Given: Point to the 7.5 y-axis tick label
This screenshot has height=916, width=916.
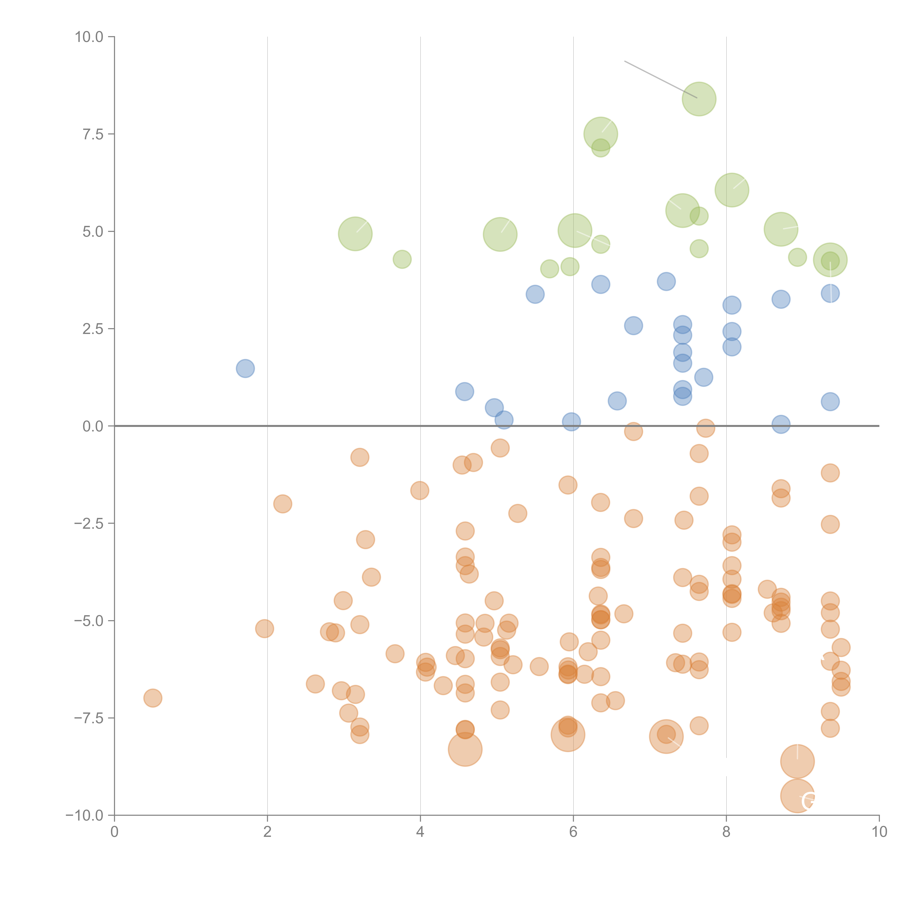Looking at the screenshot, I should coord(93,134).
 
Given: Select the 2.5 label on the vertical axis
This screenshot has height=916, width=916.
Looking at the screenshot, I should coord(93,328).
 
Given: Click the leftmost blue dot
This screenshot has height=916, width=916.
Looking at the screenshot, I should coord(245,368).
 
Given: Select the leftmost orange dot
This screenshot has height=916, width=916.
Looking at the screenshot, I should coord(153,698).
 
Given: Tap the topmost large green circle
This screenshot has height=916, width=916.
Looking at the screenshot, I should coord(699,99).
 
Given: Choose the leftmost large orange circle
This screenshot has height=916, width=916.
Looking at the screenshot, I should coord(465,750).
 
